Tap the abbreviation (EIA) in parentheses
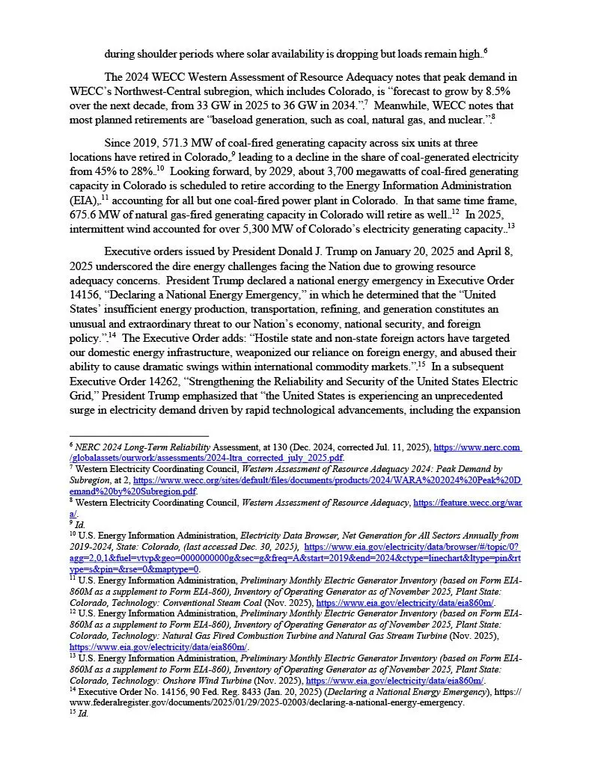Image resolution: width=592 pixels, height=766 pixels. [85, 199]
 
